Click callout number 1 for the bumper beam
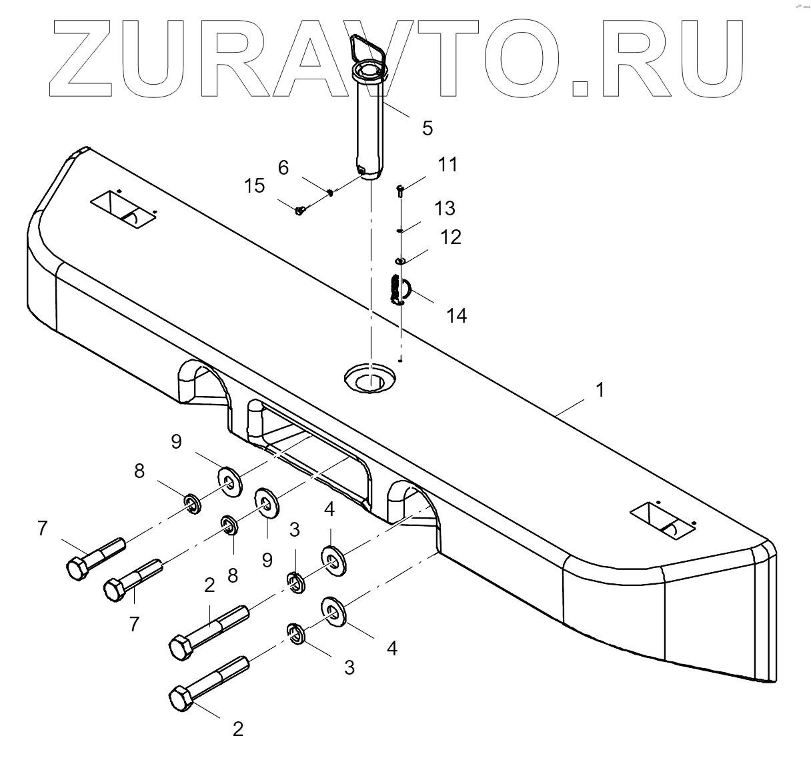[x=600, y=389]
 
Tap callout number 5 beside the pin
[x=428, y=127]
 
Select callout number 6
[x=283, y=167]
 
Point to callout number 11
[x=448, y=164]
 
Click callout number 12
[x=451, y=237]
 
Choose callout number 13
[x=444, y=208]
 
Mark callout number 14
[x=457, y=315]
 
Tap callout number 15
[x=254, y=186]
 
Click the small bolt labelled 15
[x=299, y=211]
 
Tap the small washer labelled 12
[x=400, y=260]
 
